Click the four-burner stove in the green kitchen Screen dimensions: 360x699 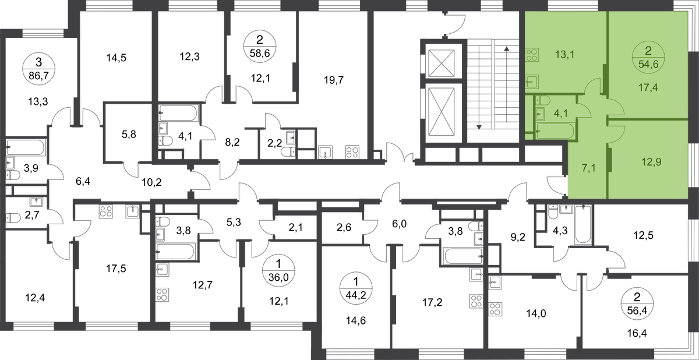tap(531, 57)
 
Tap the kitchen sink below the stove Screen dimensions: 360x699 tap(531, 82)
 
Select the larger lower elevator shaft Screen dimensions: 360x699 tap(442, 111)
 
